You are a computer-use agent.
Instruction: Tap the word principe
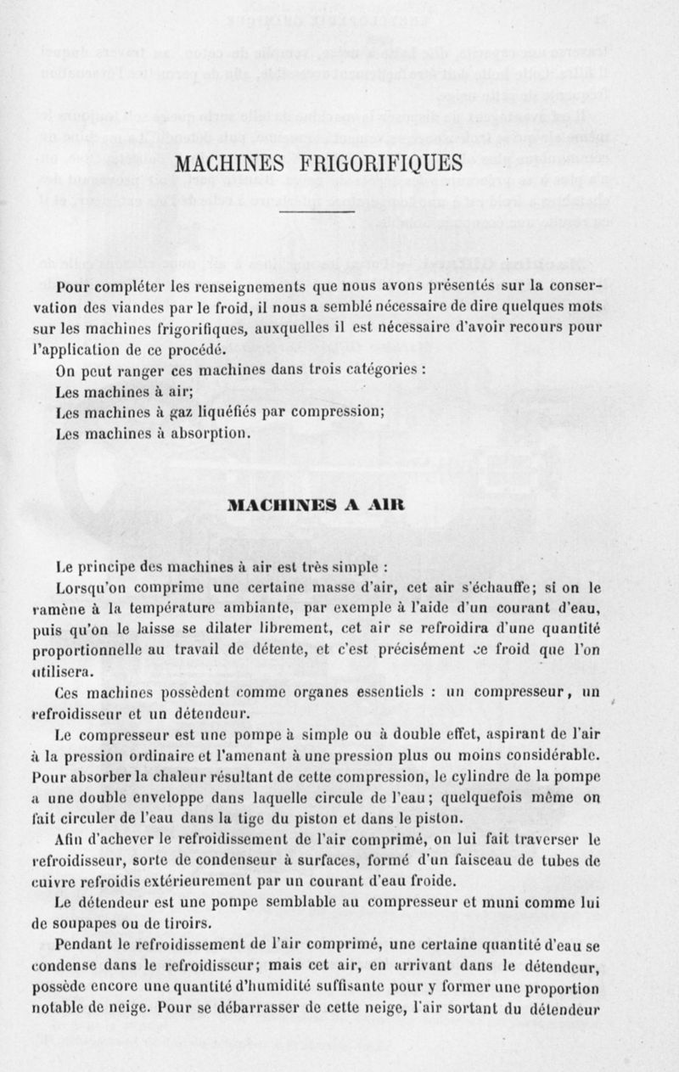coord(114,564)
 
